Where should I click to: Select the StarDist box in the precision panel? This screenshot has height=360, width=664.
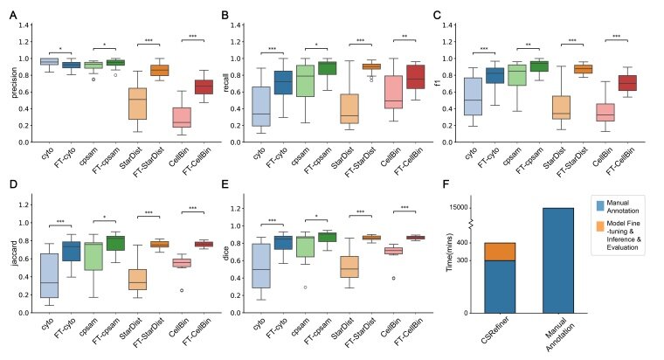[137, 103]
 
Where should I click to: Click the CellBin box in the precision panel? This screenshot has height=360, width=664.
[182, 117]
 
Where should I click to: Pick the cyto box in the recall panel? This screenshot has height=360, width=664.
[259, 107]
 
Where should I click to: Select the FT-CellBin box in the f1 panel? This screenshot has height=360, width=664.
[627, 82]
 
